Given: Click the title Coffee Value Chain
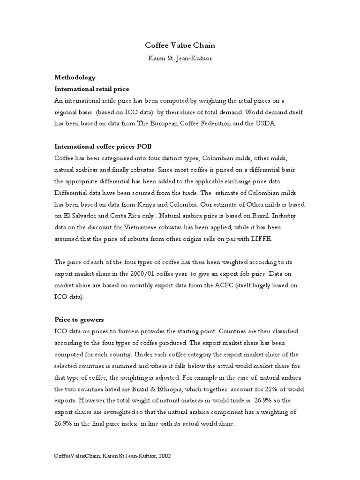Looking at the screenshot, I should click(x=180, y=46).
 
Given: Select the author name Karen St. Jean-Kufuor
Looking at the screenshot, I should click(x=180, y=59).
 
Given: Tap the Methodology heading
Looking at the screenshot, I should click(x=75, y=77).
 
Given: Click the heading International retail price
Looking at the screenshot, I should click(x=92, y=89).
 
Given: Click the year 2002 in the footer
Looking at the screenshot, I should click(x=164, y=457).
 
